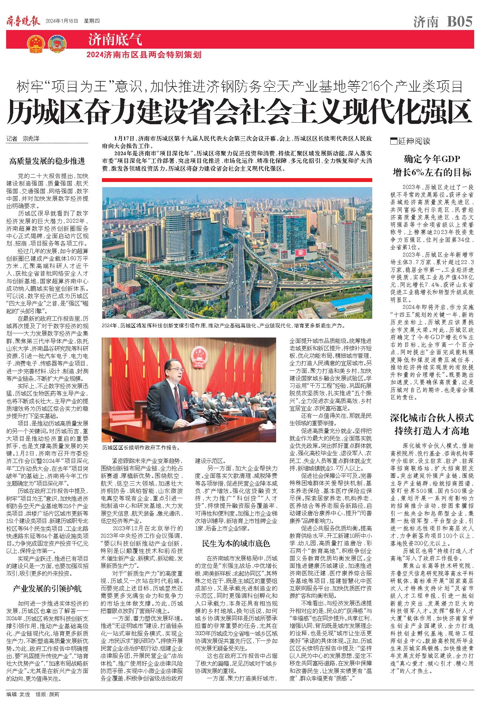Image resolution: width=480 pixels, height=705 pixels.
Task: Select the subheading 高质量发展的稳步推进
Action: (47, 161)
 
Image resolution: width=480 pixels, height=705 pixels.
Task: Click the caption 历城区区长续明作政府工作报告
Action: (141, 448)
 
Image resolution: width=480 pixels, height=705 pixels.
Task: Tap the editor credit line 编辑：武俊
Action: (19, 693)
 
